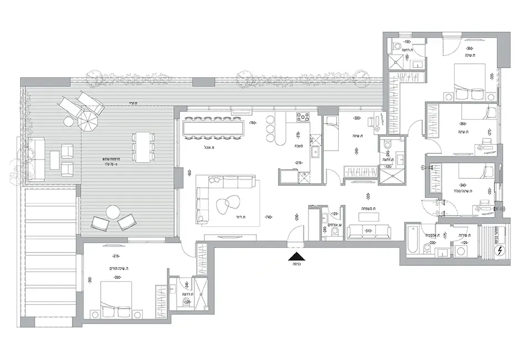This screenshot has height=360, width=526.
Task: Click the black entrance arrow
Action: click(297, 256)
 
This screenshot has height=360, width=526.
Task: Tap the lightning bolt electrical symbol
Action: click(501, 251)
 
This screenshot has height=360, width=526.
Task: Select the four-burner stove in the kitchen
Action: click(304, 117)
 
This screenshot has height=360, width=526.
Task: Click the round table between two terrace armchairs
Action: click(114, 213)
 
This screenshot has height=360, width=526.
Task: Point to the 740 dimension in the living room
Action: click(269, 218)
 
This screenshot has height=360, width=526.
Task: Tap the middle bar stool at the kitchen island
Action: click(271, 129)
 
